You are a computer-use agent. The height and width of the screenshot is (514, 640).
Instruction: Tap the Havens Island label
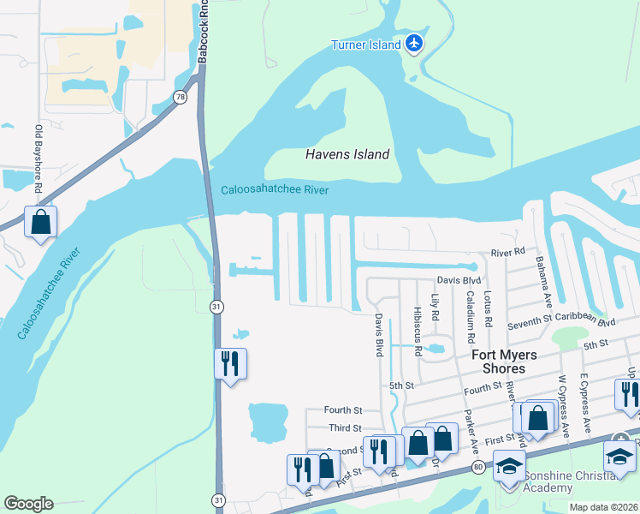coord(347,155)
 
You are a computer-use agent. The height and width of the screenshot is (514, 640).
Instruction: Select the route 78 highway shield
coord(179,98)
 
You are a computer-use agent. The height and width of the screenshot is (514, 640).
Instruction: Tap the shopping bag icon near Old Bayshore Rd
coord(40,223)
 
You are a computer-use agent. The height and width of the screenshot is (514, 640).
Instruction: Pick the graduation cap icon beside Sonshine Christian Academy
coord(509,466)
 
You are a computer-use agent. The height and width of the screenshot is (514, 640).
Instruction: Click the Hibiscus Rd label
coord(417,331)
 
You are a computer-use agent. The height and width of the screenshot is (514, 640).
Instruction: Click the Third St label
coord(346,427)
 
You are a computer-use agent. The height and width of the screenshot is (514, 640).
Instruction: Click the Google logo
coord(28,504)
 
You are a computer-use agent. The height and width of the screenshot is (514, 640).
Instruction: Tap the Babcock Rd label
coord(203,33)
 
